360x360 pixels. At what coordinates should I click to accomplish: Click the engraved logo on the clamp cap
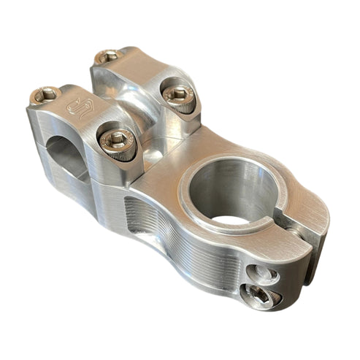[x=78, y=107]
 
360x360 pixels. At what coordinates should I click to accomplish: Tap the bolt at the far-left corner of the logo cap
[x=45, y=94]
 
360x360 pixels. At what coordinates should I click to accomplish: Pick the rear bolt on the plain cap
[x=109, y=55]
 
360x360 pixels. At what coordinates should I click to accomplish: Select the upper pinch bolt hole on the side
[x=263, y=274]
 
